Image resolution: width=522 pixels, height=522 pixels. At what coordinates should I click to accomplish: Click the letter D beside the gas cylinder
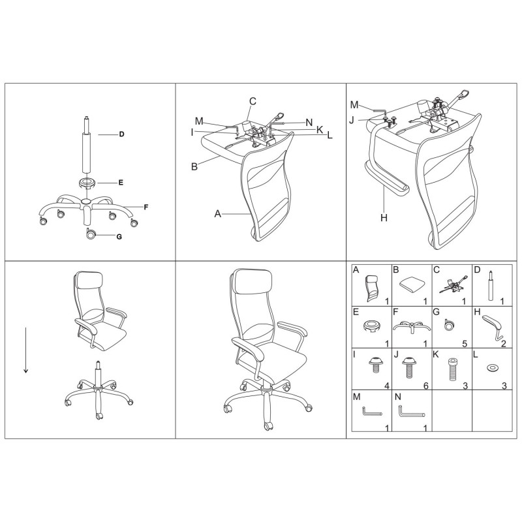121,134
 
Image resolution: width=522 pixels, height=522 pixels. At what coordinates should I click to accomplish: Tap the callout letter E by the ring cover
121,183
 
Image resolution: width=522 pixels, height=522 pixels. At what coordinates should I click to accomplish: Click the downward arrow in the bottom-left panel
25,350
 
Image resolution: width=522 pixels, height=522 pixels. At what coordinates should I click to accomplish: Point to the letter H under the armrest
384,218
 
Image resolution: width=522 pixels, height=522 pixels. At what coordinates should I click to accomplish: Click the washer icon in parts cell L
492,368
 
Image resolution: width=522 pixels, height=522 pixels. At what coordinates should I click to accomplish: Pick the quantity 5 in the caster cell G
465,344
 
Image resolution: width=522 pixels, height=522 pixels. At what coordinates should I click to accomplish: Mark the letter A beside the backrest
218,214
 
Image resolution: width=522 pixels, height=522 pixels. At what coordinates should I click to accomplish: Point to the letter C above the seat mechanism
253,101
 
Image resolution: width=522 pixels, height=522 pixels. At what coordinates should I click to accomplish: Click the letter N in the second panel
309,123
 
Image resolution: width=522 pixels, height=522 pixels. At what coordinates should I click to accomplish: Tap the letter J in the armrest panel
352,120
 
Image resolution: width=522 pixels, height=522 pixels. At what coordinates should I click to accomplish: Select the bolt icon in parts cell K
452,369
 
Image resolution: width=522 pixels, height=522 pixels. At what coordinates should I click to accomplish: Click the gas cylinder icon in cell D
491,286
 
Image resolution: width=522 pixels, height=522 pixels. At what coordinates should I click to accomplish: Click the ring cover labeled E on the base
87,183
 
